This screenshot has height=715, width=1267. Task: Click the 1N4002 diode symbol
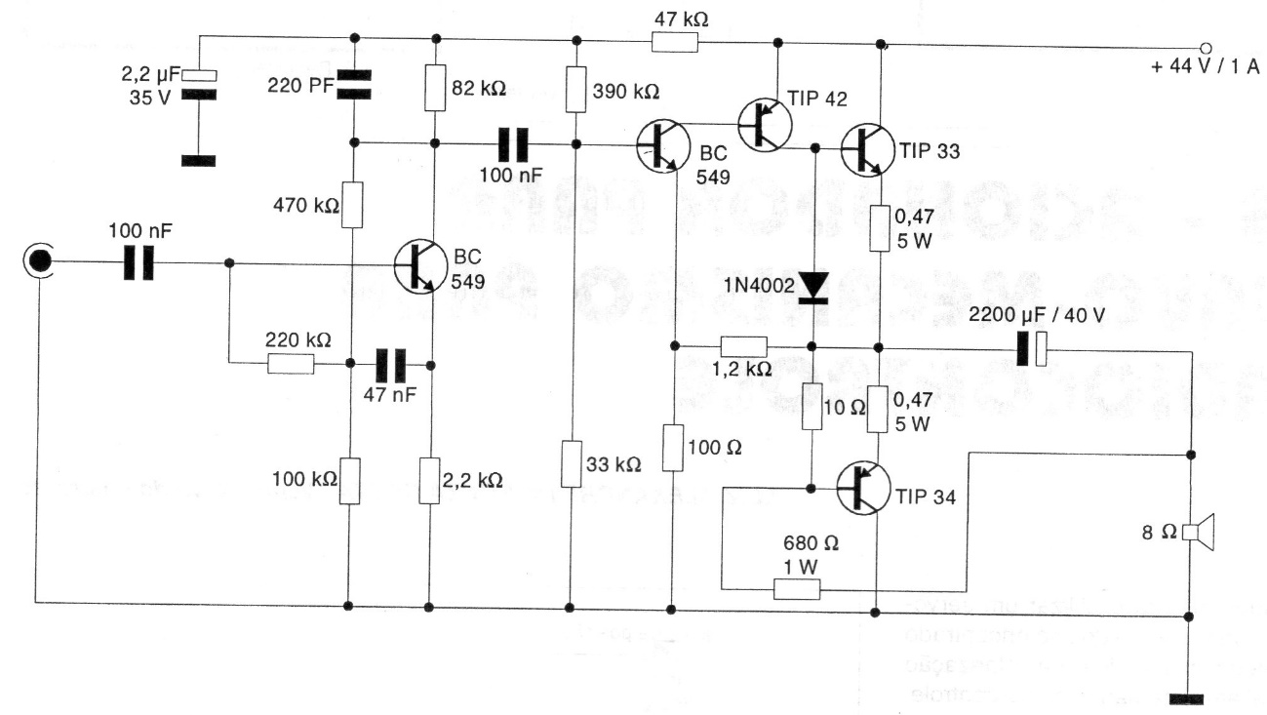coord(812,285)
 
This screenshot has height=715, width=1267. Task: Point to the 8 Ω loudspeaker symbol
coord(1198,532)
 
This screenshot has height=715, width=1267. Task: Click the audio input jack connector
coord(39,261)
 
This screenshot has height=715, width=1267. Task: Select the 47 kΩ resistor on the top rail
coord(675,41)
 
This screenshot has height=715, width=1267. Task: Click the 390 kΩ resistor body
coord(575,91)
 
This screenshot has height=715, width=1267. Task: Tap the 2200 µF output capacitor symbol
coord(1030,347)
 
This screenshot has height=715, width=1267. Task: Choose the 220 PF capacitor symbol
coord(353,85)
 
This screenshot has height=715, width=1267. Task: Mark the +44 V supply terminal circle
coord(1206,46)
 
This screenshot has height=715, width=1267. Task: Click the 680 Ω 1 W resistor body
coord(797,588)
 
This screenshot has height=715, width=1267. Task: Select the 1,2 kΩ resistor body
coord(744,346)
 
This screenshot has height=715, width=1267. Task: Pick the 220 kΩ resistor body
coord(291,365)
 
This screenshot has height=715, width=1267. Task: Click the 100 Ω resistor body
coord(672,447)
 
